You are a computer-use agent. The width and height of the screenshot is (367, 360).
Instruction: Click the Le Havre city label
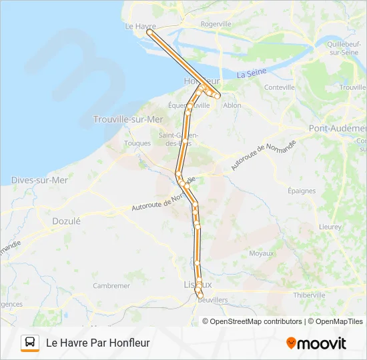(140, 26)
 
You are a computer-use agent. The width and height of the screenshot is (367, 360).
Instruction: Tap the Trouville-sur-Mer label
(128, 119)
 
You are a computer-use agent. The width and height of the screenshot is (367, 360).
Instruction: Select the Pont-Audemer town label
(338, 127)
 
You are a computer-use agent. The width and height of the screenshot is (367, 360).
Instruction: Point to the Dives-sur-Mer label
(39, 180)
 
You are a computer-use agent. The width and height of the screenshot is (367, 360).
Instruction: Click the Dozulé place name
(66, 221)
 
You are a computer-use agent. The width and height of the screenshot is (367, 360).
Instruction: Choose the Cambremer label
(111, 285)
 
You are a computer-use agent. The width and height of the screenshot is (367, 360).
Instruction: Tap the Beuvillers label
(213, 301)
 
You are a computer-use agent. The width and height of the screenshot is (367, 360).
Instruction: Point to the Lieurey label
(330, 227)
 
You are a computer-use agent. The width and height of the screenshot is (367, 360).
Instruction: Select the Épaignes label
(302, 191)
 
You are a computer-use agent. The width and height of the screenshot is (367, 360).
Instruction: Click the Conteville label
(280, 87)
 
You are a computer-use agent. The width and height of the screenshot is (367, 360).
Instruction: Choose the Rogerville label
(216, 23)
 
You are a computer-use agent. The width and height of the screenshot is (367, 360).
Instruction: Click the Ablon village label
(232, 105)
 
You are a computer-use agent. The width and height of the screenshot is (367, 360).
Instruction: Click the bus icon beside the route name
(30, 343)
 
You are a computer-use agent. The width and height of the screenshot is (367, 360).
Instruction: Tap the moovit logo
(316, 343)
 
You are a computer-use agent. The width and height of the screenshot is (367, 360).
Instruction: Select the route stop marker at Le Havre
(149, 31)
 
